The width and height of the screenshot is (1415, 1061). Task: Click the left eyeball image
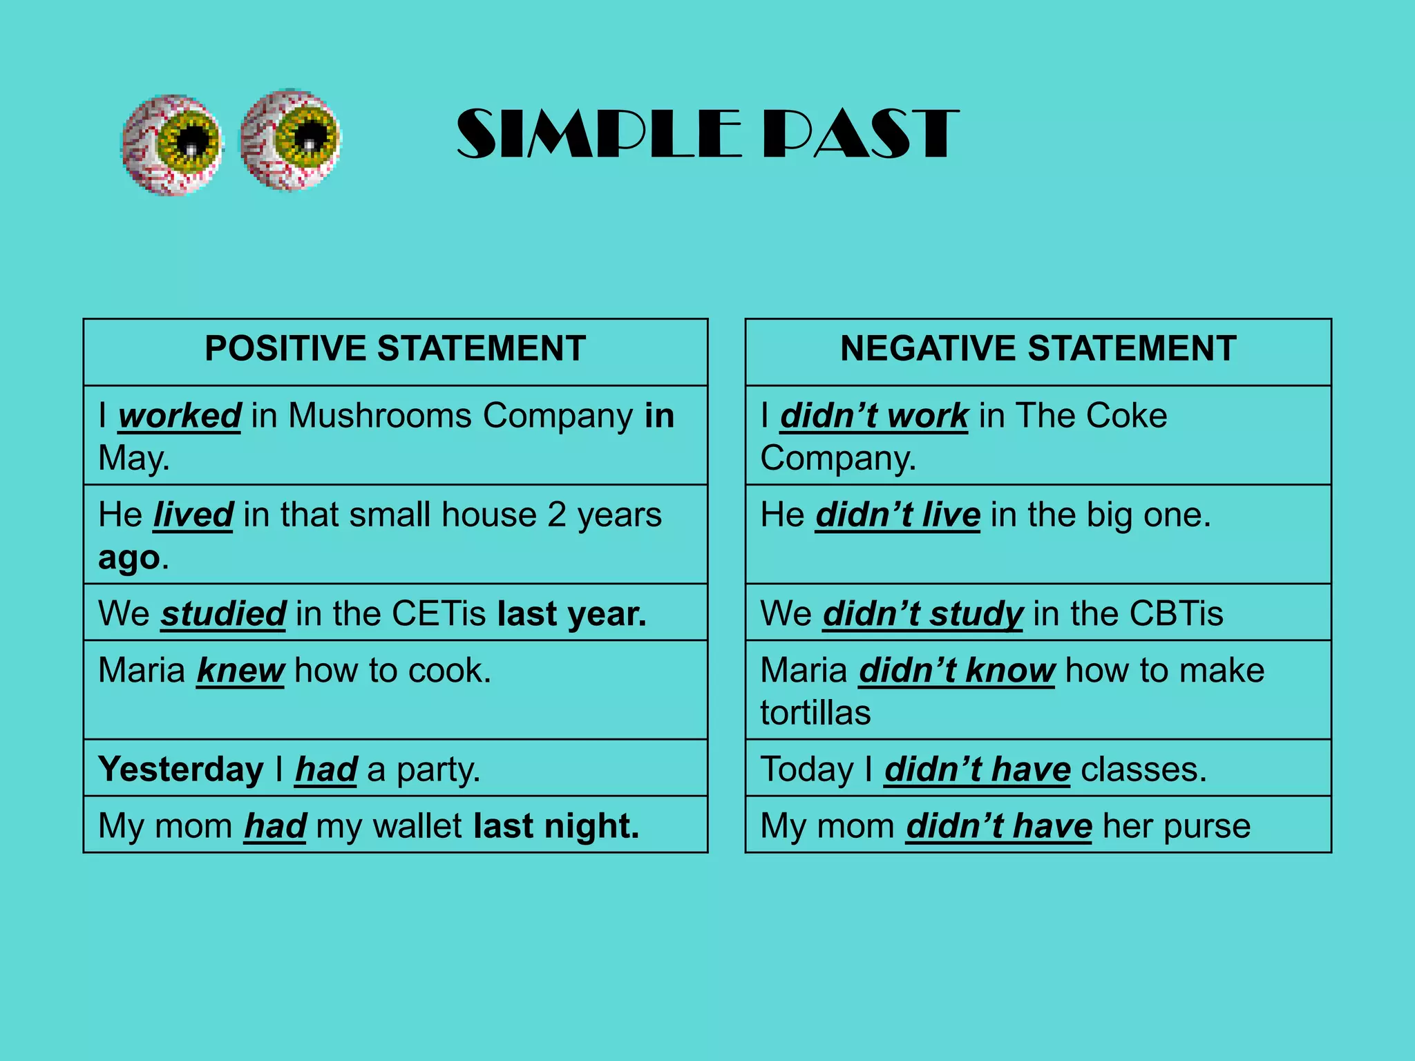click(172, 144)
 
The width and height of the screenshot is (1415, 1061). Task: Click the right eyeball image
click(290, 140)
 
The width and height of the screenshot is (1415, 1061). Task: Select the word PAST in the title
click(861, 134)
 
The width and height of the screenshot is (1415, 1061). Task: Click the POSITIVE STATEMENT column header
click(395, 349)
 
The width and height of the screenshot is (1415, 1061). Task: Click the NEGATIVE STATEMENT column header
click(1038, 349)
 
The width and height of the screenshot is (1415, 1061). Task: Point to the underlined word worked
click(180, 417)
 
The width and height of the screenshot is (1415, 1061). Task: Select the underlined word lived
click(193, 515)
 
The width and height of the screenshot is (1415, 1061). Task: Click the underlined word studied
click(223, 614)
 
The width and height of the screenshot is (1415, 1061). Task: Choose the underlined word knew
click(240, 671)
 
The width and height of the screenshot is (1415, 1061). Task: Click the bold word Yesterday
click(181, 770)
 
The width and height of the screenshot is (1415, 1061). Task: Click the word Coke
click(1126, 417)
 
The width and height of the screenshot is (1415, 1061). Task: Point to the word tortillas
click(815, 714)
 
